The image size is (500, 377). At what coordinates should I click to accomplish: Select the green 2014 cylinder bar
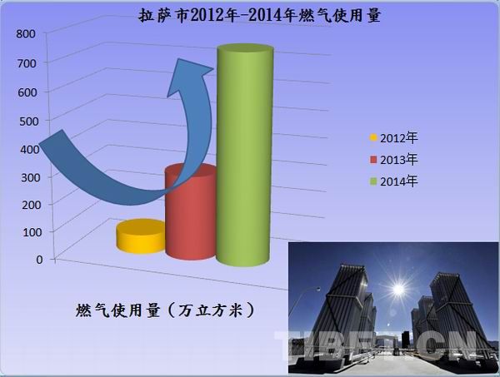click(245, 158)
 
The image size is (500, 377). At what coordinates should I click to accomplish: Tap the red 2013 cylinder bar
click(191, 212)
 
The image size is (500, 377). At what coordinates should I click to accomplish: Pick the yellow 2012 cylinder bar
click(140, 236)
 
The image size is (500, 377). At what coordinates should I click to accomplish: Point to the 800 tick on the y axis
click(24, 33)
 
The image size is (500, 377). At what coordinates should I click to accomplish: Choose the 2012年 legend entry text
click(397, 137)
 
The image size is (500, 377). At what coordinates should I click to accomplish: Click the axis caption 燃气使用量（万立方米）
click(164, 310)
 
